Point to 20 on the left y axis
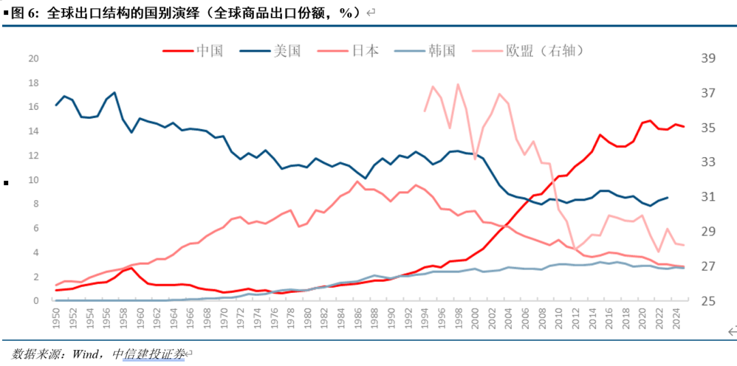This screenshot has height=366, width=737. coord(33,58)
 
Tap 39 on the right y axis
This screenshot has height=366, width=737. coord(708,58)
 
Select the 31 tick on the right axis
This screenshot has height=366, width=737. coord(708,197)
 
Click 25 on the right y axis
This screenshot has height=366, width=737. coord(708,301)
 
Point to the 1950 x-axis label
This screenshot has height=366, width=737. coord(56,316)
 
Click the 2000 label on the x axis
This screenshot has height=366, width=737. coord(476,316)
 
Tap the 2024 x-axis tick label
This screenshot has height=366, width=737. coord(676,316)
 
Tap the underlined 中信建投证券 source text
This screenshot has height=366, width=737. coord(148,354)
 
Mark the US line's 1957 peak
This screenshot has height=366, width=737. coord(115,92)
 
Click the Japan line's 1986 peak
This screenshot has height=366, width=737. coord(358,181)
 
